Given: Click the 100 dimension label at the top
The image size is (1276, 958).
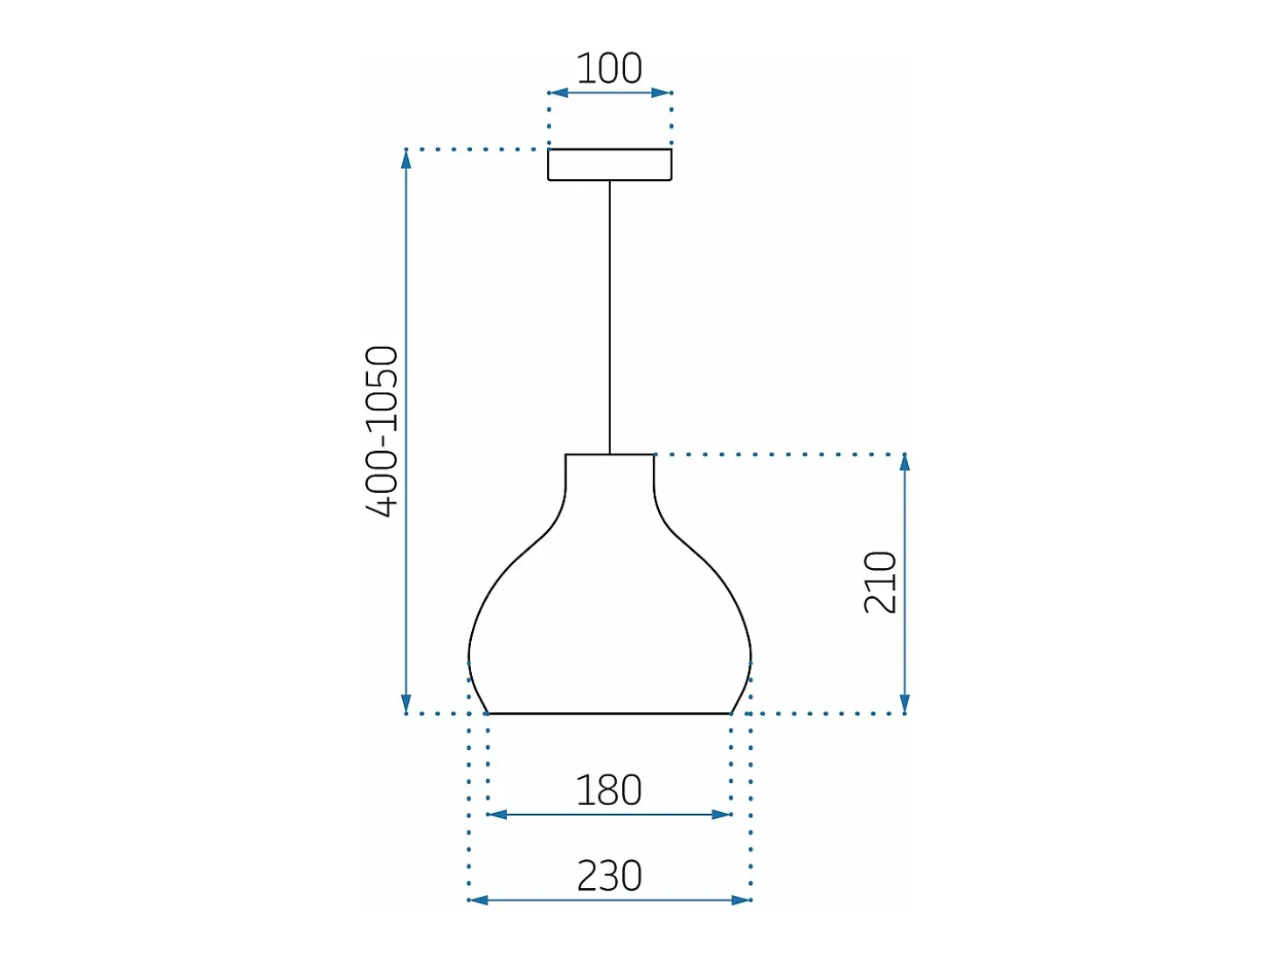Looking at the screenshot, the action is [x=608, y=68].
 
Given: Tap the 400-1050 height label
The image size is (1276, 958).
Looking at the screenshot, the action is [x=382, y=431].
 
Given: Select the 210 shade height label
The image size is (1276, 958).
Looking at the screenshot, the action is [x=880, y=582].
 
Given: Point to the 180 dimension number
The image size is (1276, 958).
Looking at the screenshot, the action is [x=608, y=790].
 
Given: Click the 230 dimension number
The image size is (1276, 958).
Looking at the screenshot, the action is [x=609, y=876].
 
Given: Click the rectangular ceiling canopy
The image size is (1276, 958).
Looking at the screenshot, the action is [x=609, y=164].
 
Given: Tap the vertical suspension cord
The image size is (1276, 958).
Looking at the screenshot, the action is [x=609, y=317].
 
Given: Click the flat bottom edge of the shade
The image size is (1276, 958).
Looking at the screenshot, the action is [x=609, y=713].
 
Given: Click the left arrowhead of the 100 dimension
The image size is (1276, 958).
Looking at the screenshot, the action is [x=558, y=93].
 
